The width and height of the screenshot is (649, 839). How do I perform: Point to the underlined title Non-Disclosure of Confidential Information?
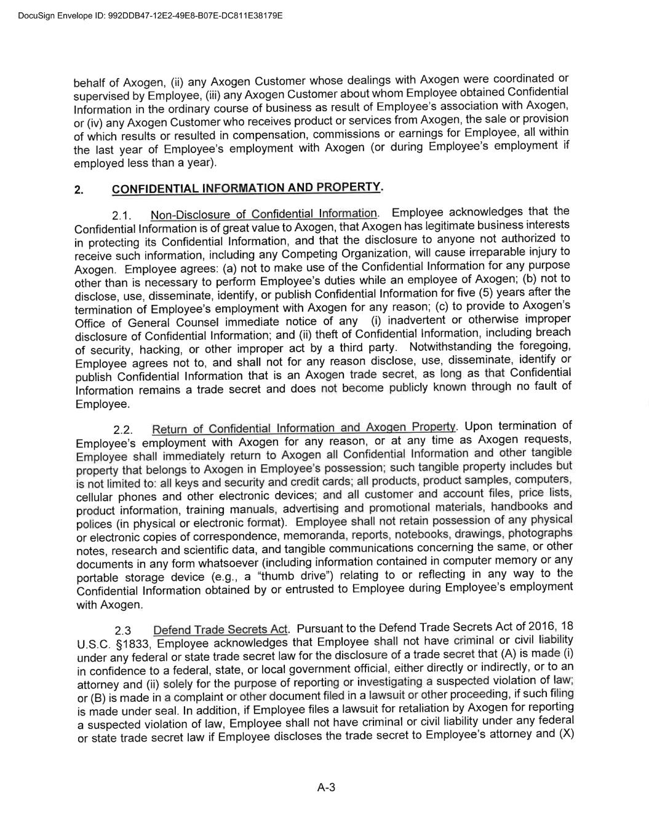click(x=264, y=214)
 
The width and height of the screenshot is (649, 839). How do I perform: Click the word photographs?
click(x=540, y=534)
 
